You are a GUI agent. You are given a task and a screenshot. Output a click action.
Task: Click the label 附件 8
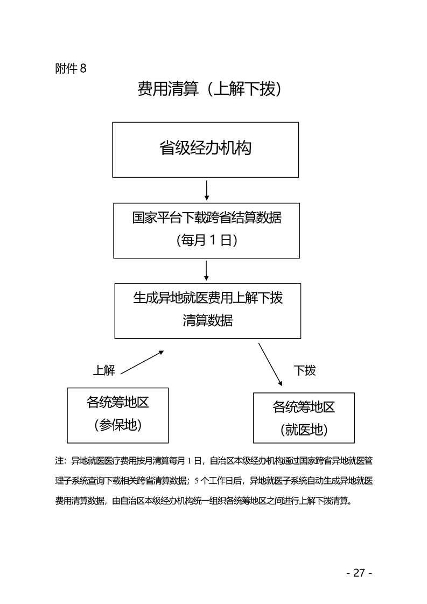[x=71, y=68]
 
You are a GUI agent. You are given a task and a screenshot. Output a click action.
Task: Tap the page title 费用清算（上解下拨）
[x=210, y=89]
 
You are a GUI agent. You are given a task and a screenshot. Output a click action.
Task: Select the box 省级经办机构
[x=205, y=149]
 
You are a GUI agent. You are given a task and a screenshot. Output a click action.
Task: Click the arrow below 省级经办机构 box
[x=206, y=190]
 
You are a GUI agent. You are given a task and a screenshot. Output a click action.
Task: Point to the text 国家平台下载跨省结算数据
[x=207, y=217]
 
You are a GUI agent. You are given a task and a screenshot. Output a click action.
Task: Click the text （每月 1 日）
[x=207, y=241]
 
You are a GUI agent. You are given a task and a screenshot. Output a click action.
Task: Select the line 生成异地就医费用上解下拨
[x=207, y=298]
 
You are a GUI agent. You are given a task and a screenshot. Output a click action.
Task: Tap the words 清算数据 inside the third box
[x=207, y=321]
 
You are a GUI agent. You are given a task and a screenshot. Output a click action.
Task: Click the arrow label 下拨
[x=304, y=370]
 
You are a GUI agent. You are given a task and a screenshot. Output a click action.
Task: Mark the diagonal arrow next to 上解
[x=142, y=362]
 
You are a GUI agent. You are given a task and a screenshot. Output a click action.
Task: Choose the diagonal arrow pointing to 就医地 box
[x=270, y=364]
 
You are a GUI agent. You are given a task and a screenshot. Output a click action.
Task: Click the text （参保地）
[x=117, y=425]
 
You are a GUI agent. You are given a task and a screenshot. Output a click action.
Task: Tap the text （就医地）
[x=304, y=430]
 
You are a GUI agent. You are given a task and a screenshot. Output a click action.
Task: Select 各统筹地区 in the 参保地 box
[x=117, y=403]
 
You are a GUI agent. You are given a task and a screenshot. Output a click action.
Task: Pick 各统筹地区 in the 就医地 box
[x=304, y=407]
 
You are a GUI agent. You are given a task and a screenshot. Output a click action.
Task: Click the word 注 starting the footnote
[x=59, y=461]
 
